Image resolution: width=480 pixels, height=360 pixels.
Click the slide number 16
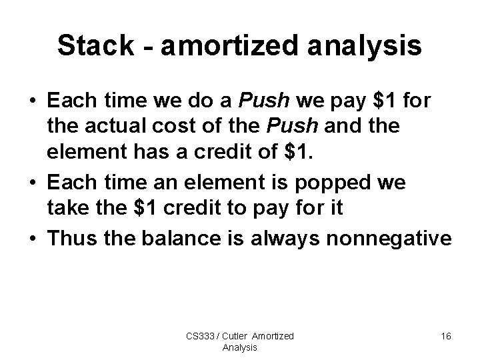(445, 337)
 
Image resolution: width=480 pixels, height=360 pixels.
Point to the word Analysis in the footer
(240, 348)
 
